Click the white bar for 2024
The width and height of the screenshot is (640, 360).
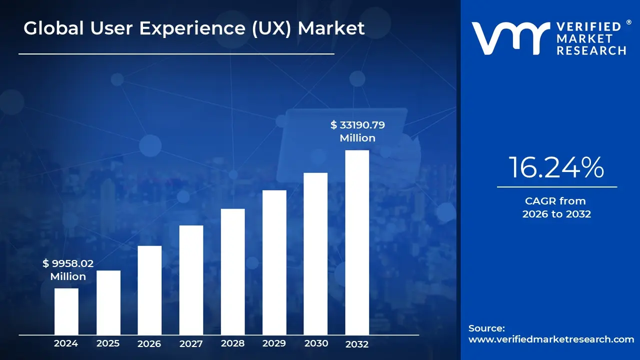tap(66, 311)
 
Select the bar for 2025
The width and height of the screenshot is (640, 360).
tap(108, 302)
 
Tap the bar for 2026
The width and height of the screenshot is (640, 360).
tap(149, 290)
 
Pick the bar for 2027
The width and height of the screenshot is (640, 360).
tap(191, 280)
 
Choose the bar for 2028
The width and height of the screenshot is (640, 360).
tap(232, 271)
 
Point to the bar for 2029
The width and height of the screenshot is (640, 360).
tap(274, 262)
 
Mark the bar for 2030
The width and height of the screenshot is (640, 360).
tap(315, 254)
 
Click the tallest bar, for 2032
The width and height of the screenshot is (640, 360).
tap(357, 242)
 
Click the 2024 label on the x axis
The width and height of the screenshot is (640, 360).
tap(66, 343)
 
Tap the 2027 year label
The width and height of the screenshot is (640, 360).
tap(191, 343)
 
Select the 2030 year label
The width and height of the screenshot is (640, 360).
tap(316, 343)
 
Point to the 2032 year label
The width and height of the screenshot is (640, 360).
tap(357, 344)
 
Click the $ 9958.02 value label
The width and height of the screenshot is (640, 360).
tap(68, 263)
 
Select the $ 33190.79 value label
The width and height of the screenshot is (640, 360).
tap(357, 125)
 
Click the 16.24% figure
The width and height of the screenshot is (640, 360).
tap(556, 168)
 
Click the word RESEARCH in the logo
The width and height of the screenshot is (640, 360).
tap(591, 50)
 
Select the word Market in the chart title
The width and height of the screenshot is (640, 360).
tap(331, 28)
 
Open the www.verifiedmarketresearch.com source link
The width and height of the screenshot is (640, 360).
tap(551, 339)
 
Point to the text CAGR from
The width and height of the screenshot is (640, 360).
tap(555, 201)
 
